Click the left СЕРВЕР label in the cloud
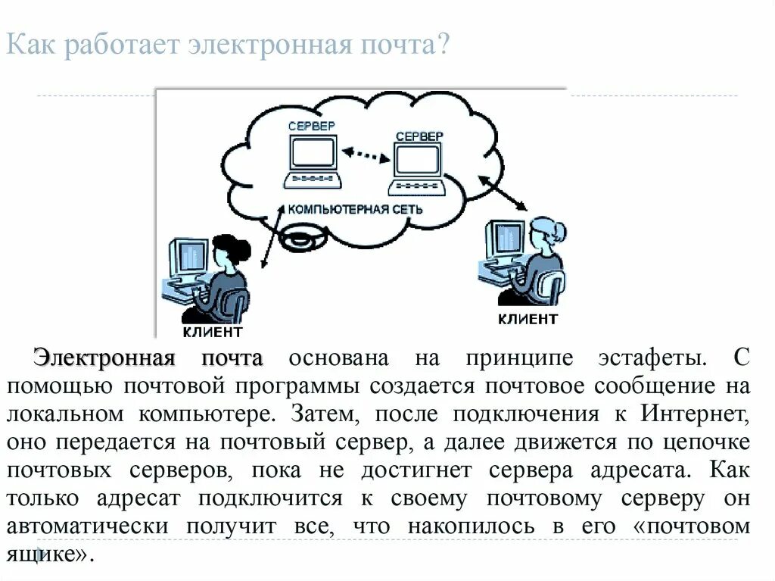[311, 127]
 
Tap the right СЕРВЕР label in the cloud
[419, 136]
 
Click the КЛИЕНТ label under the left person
[213, 332]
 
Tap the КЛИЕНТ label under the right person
[528, 319]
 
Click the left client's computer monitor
[188, 259]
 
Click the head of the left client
[232, 249]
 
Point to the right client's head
[546, 230]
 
